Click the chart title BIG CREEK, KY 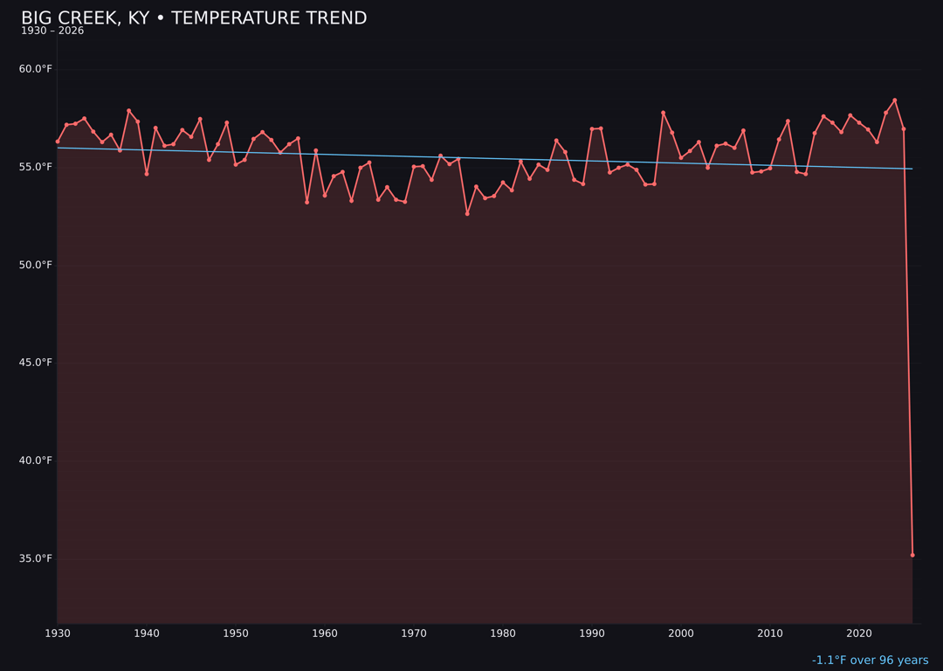194,18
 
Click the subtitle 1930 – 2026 52,31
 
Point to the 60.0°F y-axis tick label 36,69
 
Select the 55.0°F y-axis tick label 36,167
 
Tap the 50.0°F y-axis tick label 36,265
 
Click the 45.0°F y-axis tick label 36,363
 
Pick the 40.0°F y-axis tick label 36,460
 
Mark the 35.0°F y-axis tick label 36,558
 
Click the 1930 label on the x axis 58,633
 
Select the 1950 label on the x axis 236,633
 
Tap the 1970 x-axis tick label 414,633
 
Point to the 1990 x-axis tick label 592,633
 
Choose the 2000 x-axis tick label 681,633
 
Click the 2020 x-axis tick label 859,633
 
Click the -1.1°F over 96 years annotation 870,661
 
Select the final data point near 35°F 912,555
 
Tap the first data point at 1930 58,142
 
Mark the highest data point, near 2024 895,100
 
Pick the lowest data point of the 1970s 467,213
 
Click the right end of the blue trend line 912,169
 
